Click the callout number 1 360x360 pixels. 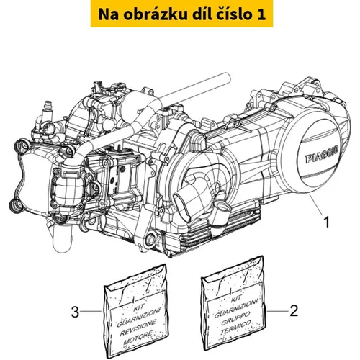click(x=326, y=222)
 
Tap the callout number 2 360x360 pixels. click(x=294, y=311)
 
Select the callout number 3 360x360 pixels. click(x=75, y=312)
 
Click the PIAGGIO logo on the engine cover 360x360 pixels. click(x=322, y=155)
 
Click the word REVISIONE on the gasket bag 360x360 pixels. click(x=138, y=327)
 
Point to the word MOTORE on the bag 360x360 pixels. click(x=139, y=338)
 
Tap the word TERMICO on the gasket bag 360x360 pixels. click(x=236, y=328)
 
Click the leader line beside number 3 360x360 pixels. click(x=91, y=311)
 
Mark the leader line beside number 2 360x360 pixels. click(x=277, y=311)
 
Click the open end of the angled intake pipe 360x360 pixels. click(x=181, y=204)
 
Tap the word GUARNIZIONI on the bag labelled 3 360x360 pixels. click(x=138, y=317)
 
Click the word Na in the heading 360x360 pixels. click(x=107, y=14)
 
